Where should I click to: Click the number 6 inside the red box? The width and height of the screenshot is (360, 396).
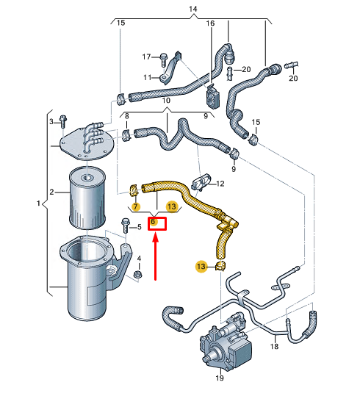tap(153, 222)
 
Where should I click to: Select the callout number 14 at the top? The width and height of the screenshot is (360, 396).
tap(193, 9)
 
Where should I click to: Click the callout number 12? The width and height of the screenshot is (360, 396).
tap(220, 184)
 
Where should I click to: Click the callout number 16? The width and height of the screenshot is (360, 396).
tap(209, 24)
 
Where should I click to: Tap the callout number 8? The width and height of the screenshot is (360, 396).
tap(126, 116)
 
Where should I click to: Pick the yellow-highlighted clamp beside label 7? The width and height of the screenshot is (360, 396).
tap(134, 191)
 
